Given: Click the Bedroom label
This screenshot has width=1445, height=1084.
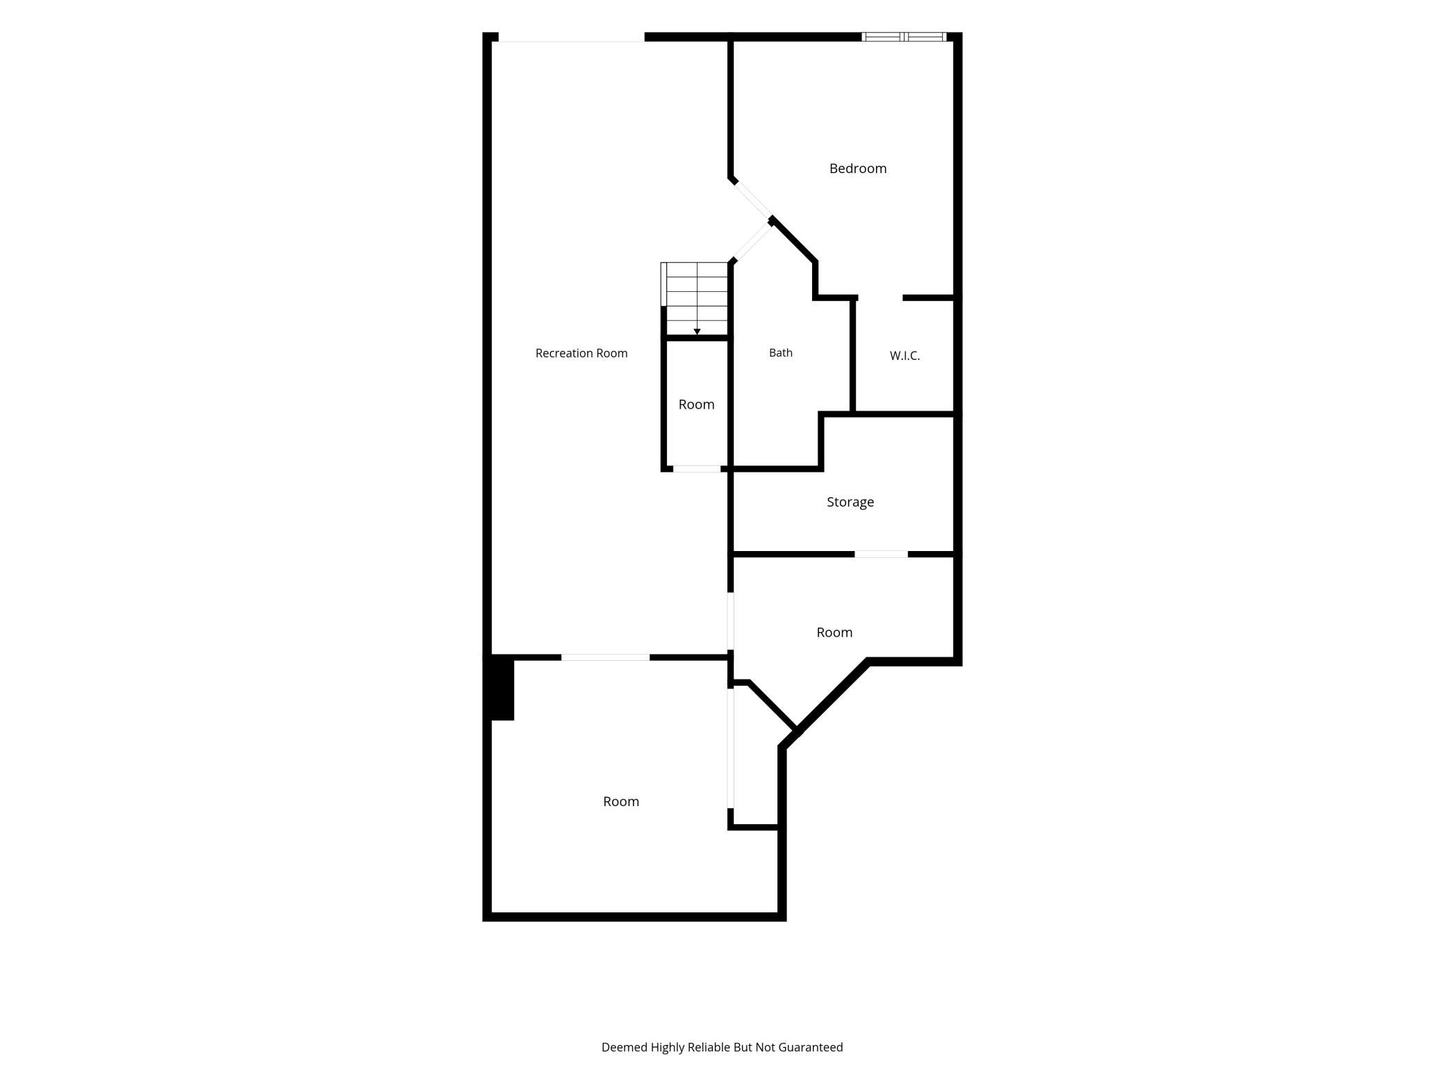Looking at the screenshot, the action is click(x=858, y=168).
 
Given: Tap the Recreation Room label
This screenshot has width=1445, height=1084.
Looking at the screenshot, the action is click(x=581, y=353).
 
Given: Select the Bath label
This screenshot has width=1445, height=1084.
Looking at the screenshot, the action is click(x=781, y=353).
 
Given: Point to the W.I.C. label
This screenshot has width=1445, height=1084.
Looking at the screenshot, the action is click(x=905, y=356).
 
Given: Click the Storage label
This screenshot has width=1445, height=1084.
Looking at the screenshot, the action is click(x=850, y=502).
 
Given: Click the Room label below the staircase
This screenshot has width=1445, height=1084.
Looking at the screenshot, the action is click(x=696, y=404).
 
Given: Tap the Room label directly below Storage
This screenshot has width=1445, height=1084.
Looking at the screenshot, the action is click(x=834, y=632).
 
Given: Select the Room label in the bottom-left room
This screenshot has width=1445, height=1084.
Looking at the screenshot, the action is click(x=621, y=801).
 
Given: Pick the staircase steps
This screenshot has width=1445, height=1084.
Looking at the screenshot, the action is click(x=695, y=299).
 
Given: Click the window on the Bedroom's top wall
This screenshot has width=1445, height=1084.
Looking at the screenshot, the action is click(x=904, y=37).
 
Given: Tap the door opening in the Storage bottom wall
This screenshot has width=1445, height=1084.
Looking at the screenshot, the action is click(x=881, y=554).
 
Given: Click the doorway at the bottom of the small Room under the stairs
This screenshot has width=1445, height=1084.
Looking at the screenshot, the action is click(x=697, y=469).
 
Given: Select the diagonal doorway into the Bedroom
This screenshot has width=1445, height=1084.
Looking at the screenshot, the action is click(x=753, y=199).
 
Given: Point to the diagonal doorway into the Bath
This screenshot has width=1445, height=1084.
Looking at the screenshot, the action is click(x=752, y=243).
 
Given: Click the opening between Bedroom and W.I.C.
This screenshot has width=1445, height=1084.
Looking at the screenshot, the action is click(x=880, y=298).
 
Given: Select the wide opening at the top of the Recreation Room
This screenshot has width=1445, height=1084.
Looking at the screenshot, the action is click(x=572, y=38).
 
